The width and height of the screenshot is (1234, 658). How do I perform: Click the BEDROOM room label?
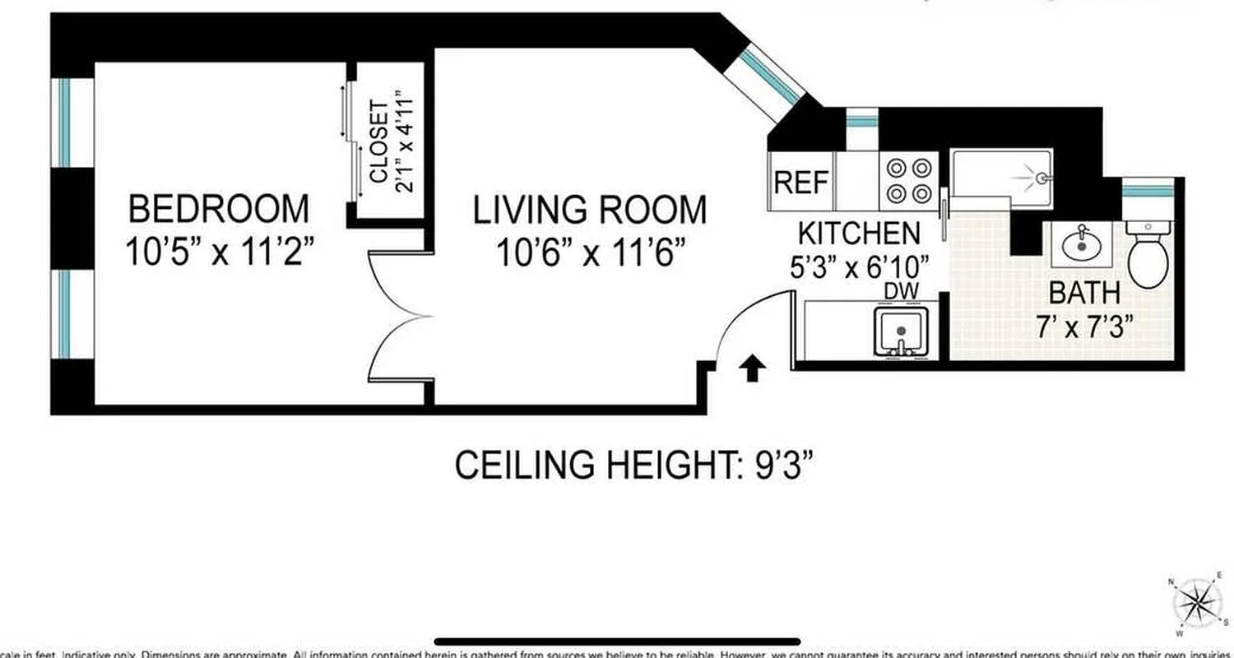219,209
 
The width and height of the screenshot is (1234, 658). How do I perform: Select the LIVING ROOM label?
589,211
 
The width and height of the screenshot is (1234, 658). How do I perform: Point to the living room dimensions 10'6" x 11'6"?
589,253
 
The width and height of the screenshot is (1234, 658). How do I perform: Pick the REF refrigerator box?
801,182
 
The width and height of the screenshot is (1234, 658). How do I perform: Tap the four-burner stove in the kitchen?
909,182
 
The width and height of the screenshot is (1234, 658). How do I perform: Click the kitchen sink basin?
902,331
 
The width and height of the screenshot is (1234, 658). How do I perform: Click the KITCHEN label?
860,234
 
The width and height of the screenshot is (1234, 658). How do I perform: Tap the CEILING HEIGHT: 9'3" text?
633,466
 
